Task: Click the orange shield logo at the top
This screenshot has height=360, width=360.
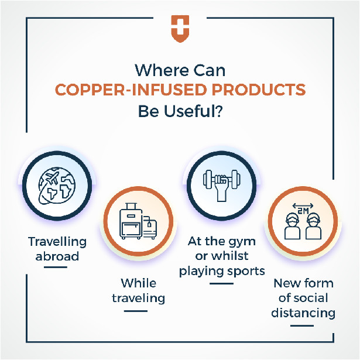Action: pos(180,29)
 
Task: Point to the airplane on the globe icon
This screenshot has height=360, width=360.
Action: pos(52,178)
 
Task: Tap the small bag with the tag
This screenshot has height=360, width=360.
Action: pos(150,227)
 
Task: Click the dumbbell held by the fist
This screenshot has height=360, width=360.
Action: pos(221,179)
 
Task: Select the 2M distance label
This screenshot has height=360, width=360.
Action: pos(303,211)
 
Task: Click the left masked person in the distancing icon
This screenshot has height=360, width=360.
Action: pos(292,226)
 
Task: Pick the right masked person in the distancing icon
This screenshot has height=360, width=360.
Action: pos(313,226)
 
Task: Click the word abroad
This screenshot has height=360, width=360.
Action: pos(57,256)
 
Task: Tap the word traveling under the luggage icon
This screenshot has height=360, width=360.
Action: pos(139,299)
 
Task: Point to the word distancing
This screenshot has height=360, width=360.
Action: pos(303,313)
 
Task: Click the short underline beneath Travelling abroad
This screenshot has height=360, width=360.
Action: pos(56,267)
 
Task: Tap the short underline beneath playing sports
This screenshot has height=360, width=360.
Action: pos(221,283)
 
